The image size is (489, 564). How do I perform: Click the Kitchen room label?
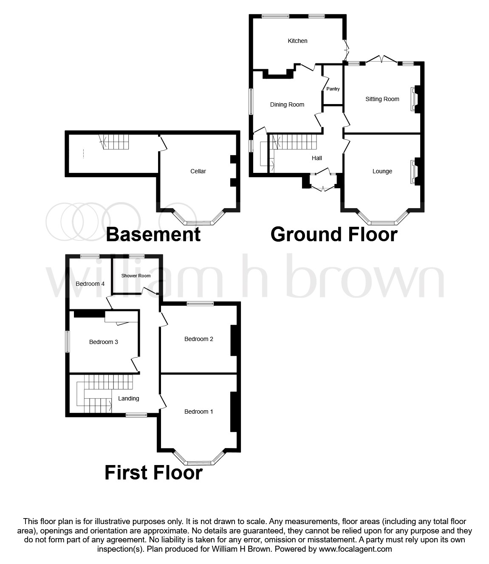297,41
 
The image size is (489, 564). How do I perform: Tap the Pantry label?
333,89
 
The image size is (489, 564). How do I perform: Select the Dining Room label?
287,104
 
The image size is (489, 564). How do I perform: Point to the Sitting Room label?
382,99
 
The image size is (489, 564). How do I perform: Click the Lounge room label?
382,171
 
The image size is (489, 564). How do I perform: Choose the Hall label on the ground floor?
317,158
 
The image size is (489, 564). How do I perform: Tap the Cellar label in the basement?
198,171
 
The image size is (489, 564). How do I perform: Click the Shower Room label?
136,276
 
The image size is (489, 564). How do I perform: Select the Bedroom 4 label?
90,284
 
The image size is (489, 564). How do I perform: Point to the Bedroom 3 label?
104,342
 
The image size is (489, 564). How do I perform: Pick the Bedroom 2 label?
199,339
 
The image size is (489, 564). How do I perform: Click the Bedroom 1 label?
199,412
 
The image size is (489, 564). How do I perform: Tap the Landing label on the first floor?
128,398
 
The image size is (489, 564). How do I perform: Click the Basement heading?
153,234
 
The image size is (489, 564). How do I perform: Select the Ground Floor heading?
334,234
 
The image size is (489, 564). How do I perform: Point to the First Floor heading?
153,473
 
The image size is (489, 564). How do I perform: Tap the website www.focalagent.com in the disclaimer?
355,549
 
